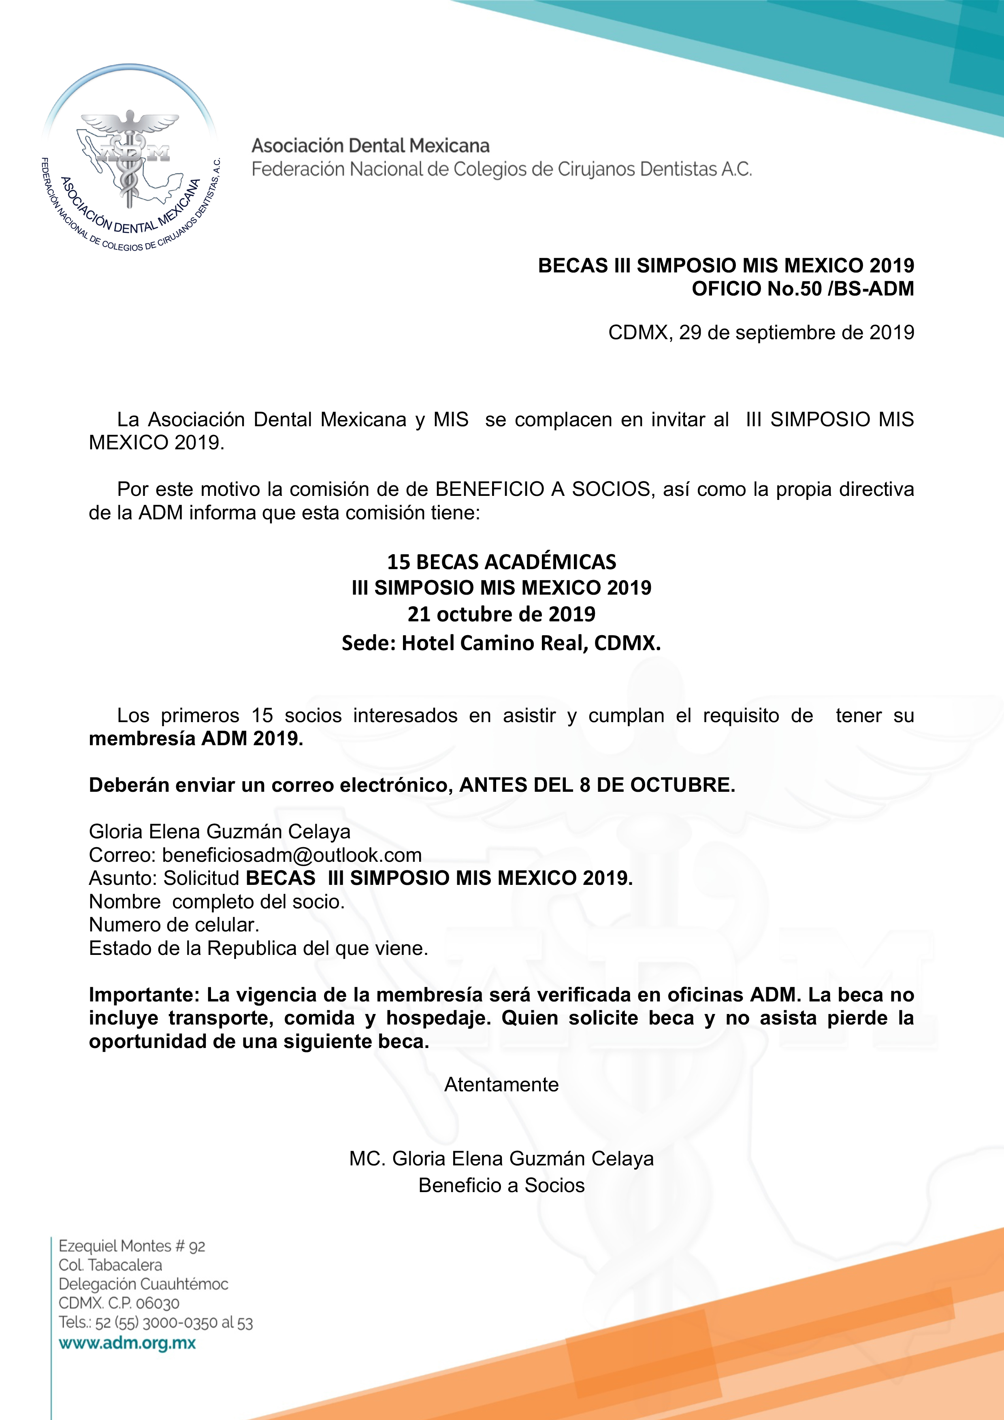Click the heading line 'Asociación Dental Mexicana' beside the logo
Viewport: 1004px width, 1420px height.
370,146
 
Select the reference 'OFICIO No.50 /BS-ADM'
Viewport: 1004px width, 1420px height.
802,289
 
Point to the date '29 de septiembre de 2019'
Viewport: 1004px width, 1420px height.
796,333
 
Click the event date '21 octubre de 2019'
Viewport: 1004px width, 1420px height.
502,614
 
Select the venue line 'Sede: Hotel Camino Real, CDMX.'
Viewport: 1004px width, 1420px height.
502,643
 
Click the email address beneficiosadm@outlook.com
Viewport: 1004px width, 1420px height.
292,855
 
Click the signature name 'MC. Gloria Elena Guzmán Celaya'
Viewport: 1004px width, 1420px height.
502,1159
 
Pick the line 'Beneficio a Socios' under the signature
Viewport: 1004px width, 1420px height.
502,1185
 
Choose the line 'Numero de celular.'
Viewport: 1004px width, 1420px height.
174,925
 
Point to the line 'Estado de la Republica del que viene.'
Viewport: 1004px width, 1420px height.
258,948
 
